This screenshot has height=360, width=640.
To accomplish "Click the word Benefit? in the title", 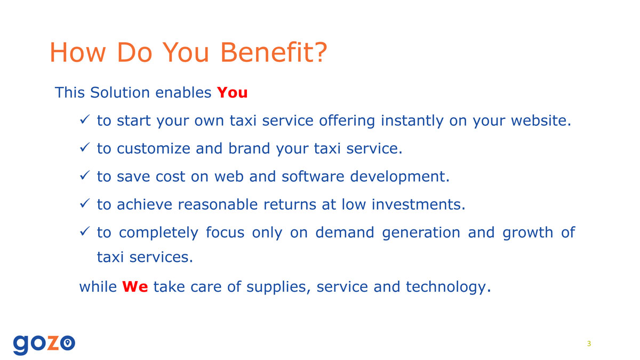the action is pyautogui.click(x=274, y=52).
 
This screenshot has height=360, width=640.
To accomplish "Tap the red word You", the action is pyautogui.click(x=232, y=93).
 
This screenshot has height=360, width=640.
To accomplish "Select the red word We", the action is pyautogui.click(x=135, y=286).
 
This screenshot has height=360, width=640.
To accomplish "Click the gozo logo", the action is pyautogui.click(x=44, y=345).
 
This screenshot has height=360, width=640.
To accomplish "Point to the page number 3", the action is pyautogui.click(x=589, y=343).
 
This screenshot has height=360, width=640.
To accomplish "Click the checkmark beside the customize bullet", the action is pyautogui.click(x=85, y=147).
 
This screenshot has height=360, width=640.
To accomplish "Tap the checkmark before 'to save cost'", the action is pyautogui.click(x=85, y=175).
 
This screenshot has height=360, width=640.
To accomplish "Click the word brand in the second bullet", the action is pyautogui.click(x=249, y=148).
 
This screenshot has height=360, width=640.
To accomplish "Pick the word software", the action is pyautogui.click(x=313, y=177).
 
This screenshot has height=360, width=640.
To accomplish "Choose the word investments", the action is pyautogui.click(x=418, y=204).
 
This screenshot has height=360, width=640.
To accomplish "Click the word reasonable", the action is pyautogui.click(x=218, y=204).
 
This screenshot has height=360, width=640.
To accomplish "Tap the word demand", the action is pyautogui.click(x=345, y=233).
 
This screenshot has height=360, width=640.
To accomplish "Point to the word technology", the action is pyautogui.click(x=449, y=287).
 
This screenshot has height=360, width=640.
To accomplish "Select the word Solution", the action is pyautogui.click(x=120, y=93).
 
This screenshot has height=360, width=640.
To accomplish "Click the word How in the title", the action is pyautogui.click(x=78, y=52).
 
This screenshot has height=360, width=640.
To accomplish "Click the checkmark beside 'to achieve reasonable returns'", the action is pyautogui.click(x=85, y=203).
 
